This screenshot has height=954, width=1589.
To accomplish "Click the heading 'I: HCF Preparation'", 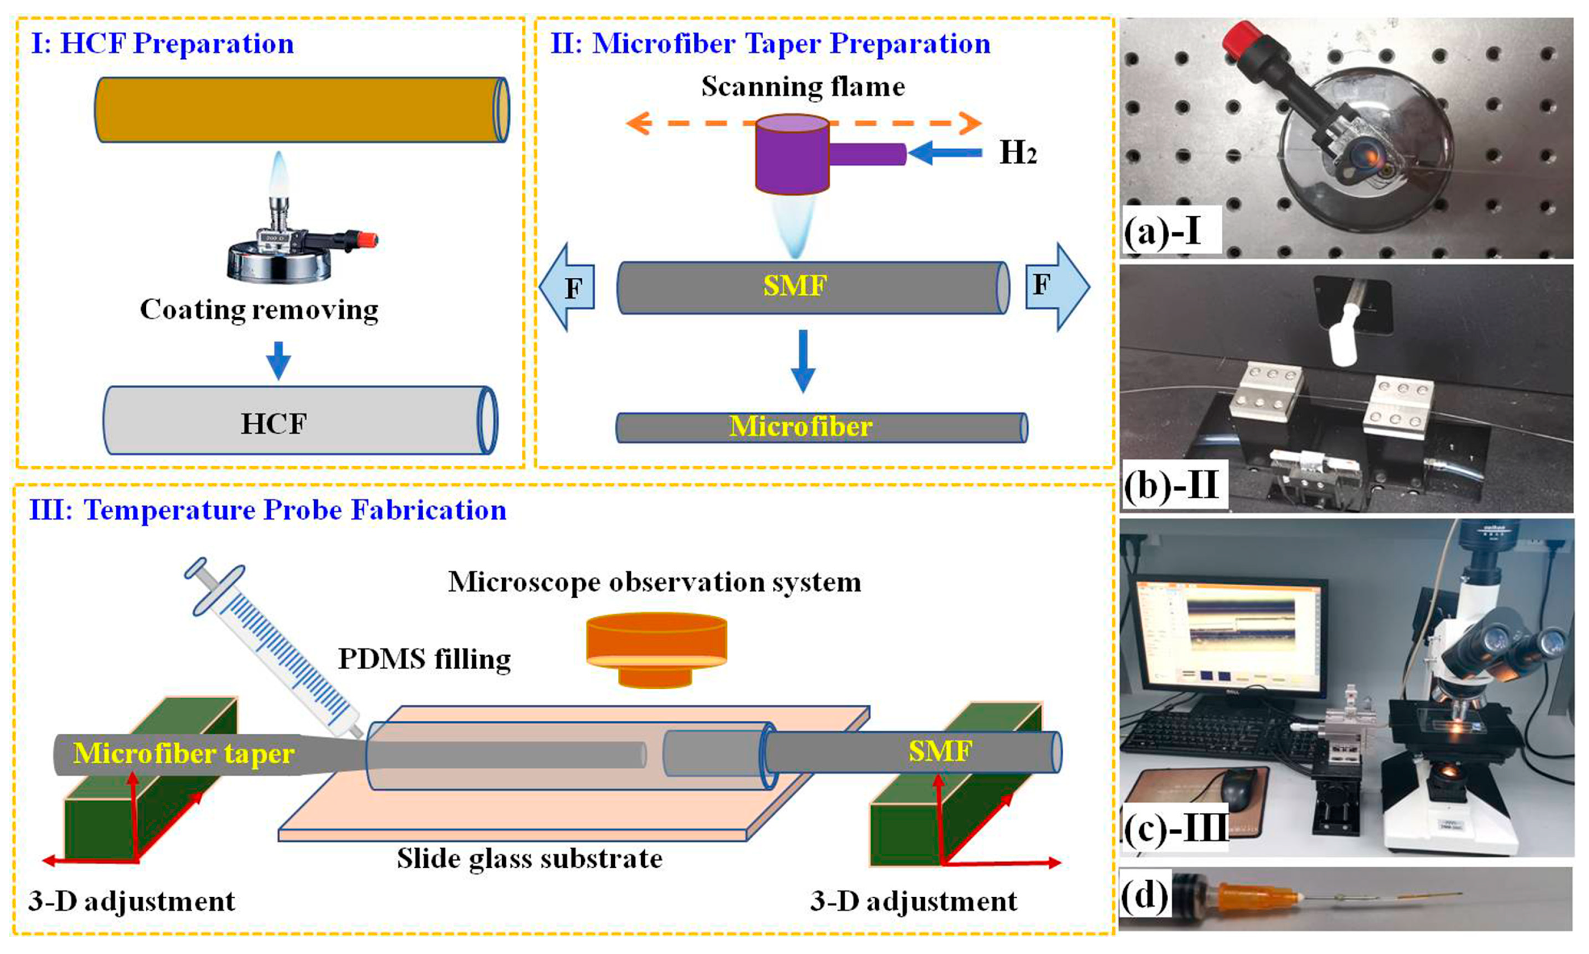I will (x=162, y=44).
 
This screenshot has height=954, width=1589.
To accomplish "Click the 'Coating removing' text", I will (x=259, y=310).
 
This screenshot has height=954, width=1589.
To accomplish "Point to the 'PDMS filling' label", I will (x=424, y=659).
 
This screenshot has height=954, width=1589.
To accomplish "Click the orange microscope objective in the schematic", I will (x=656, y=649).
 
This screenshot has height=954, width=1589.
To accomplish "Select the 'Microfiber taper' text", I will (x=185, y=753).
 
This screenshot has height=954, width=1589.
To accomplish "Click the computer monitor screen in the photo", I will (x=1221, y=636).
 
